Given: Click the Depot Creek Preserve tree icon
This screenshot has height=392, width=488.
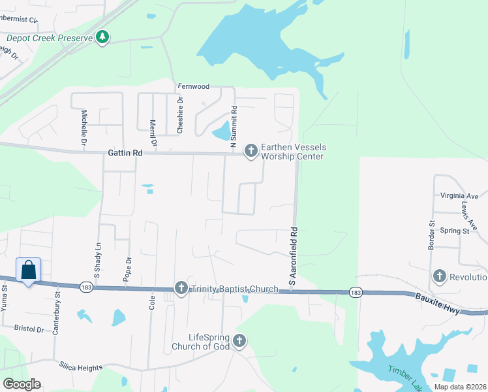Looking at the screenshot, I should (102, 37).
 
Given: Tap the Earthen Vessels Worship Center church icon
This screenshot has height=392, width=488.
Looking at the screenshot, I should (251, 151).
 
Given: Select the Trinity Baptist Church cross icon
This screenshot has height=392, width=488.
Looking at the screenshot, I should (181, 287).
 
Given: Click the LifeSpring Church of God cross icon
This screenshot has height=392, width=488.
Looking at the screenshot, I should (239, 340).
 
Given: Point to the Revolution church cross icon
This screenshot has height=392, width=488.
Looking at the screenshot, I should (439, 277).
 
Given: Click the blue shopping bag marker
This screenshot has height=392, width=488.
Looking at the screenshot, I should (29, 270).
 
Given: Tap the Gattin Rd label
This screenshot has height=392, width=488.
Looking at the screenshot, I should (124, 153).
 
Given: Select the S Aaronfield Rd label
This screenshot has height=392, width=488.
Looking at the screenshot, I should (294, 259).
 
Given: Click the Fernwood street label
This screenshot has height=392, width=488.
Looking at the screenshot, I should (193, 86).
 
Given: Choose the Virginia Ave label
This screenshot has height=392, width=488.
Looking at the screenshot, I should (459, 196).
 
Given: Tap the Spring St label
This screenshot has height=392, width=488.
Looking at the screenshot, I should (455, 231).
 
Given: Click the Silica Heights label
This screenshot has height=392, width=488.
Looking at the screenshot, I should (80, 368).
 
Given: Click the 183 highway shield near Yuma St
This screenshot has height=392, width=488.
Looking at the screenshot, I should (86, 287).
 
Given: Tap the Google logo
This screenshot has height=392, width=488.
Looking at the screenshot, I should (22, 384).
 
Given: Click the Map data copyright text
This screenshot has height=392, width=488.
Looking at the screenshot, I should (459, 387).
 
